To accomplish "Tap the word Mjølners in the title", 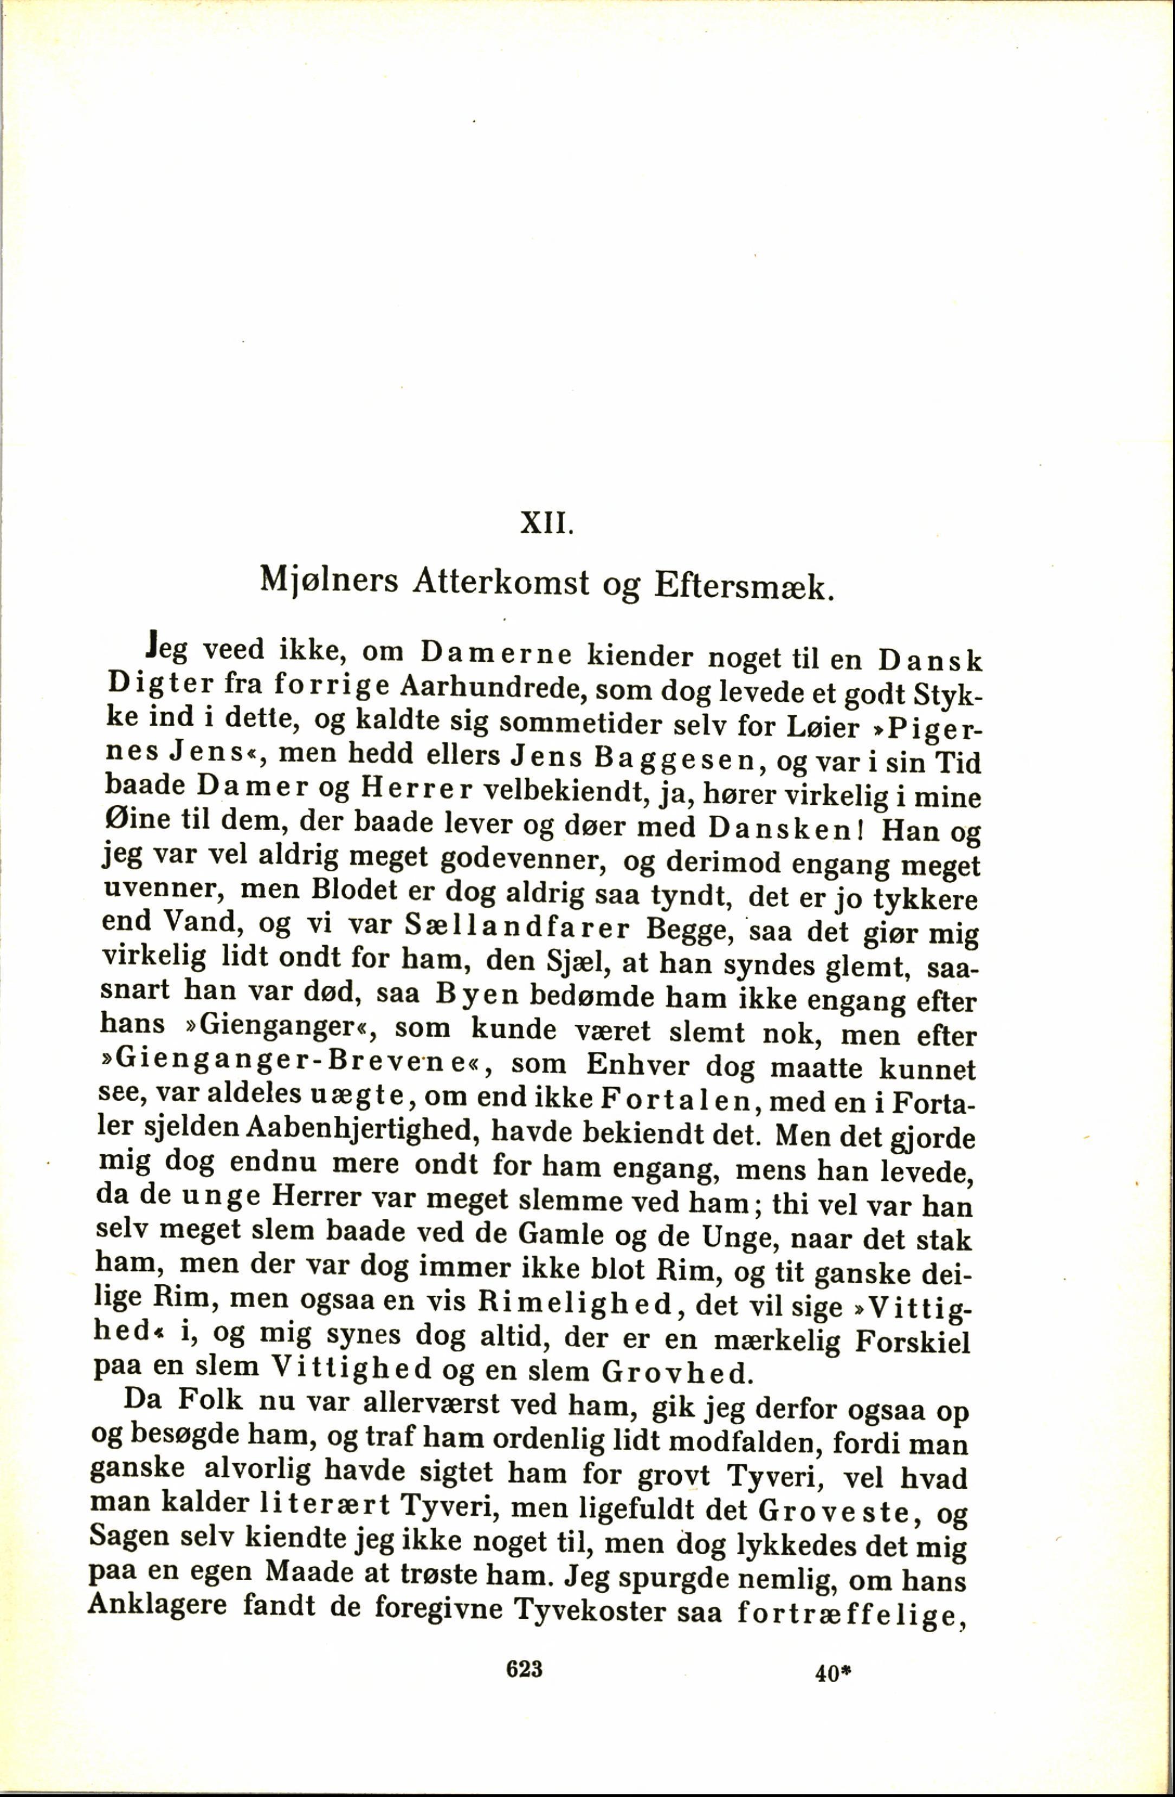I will click(328, 581).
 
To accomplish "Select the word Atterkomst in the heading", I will click(501, 583).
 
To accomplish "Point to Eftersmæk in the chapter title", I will click(744, 587).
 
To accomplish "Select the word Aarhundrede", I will click(484, 687).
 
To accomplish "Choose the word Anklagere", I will click(157, 1623).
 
